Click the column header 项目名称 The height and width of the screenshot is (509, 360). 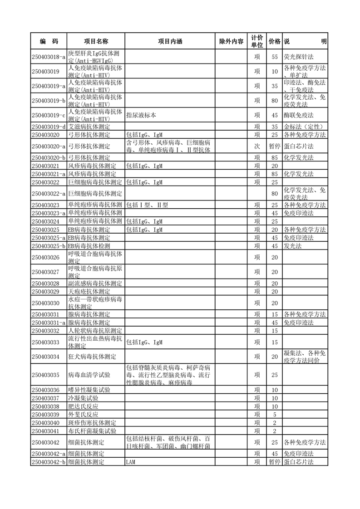pyautogui.click(x=96, y=41)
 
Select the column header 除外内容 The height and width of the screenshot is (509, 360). pyautogui.click(x=231, y=41)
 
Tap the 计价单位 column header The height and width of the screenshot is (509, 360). pyautogui.click(x=257, y=41)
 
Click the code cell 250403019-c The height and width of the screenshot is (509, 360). pyautogui.click(x=49, y=115)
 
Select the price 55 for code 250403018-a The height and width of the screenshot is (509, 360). pyautogui.click(x=274, y=57)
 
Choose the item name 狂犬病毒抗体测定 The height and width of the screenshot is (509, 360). pyautogui.click(x=92, y=357)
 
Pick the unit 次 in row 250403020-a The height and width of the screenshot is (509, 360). pyautogui.click(x=257, y=146)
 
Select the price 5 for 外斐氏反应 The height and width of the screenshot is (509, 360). pyautogui.click(x=274, y=415)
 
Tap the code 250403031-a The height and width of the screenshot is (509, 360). pyautogui.click(x=49, y=323)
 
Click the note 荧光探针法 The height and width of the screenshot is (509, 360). pyautogui.click(x=299, y=57)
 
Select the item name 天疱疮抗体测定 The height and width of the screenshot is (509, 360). pyautogui.click(x=89, y=291)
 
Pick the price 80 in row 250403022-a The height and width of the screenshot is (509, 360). pyautogui.click(x=274, y=194)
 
